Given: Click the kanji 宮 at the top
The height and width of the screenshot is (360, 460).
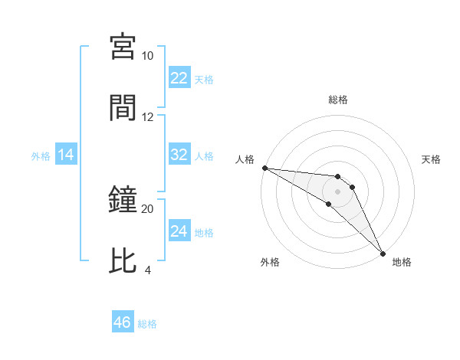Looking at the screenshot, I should [123, 48].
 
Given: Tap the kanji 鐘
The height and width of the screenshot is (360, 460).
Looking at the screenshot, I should [123, 201].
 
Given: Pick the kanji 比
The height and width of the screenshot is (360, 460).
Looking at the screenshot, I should [123, 261].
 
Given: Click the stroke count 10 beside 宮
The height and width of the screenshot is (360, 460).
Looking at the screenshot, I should [147, 57].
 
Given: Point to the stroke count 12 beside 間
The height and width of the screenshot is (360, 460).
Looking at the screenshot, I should [147, 117].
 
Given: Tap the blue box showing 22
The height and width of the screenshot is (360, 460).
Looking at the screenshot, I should [179, 79].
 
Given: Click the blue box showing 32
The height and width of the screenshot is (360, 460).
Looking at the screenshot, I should [179, 155].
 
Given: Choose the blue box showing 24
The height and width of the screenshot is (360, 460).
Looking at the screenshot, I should [179, 231].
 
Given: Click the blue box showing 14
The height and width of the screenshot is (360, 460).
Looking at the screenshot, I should [66, 155].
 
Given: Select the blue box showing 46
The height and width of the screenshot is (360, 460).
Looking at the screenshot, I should [123, 322].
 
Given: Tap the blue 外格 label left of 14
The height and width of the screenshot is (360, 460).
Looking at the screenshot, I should [41, 156].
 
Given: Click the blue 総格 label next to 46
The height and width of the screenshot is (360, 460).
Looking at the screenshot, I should [147, 323].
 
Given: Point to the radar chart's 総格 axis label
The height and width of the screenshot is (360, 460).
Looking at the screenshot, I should [338, 100].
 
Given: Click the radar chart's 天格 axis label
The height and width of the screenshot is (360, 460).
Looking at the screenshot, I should [432, 159].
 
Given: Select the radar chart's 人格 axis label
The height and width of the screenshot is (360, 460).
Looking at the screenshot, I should [244, 159].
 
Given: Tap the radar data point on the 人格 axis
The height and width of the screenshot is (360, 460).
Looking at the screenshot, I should [264, 168].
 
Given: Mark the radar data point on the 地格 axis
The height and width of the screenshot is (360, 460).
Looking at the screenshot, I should [383, 254].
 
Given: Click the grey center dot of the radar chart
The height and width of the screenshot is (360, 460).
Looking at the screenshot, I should [338, 191].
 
